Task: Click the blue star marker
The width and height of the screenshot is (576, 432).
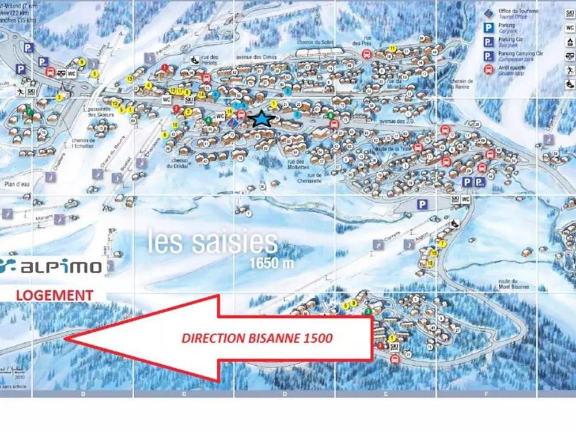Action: click(262, 119)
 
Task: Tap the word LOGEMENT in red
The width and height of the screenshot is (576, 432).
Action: click(55, 295)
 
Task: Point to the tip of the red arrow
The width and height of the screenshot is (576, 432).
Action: click(66, 339)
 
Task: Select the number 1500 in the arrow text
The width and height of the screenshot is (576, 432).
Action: click(317, 338)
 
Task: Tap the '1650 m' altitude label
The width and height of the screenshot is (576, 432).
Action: click(272, 263)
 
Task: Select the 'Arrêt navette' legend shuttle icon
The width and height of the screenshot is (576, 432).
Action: click(488, 70)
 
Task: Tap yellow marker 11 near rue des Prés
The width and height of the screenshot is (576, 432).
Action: click(393, 48)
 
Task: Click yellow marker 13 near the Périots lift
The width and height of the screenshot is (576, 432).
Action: click(130, 78)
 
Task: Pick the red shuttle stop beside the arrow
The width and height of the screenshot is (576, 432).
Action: click(395, 359)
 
